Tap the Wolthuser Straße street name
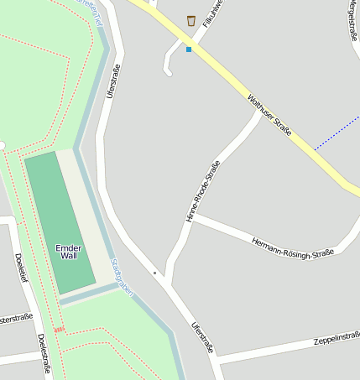pos(269,116)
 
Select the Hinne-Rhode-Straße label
pos(202,191)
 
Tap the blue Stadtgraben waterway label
pos(122,276)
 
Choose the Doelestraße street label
pos(44,352)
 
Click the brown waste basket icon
pos(191,20)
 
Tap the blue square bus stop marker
pos(189,49)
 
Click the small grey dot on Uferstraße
pos(154,273)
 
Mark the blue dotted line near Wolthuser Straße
pos(336,135)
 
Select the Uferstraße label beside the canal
pos(114,81)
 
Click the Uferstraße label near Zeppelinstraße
pos(203,337)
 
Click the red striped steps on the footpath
pos(59,330)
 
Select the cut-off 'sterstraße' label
pos(17,319)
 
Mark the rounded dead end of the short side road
pos(168,72)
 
